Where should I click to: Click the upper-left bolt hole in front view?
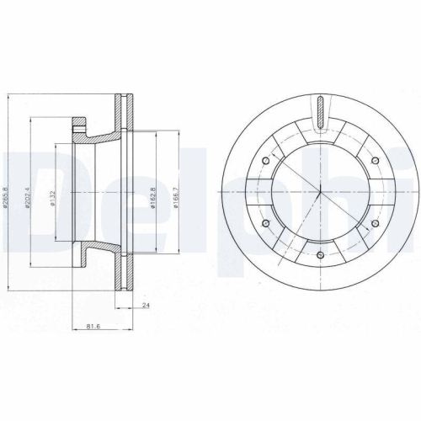pyautogui.click(x=266, y=160)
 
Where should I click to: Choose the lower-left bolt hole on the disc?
pyautogui.click(x=266, y=223)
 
